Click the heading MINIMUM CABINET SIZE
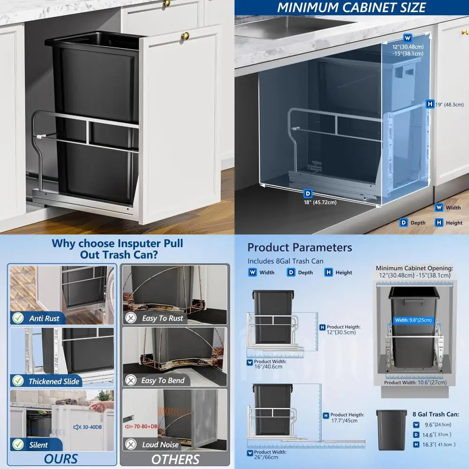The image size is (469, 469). [351, 8]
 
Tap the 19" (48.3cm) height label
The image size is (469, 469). [449, 105]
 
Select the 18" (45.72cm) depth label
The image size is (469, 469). [319, 202]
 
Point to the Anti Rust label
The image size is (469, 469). [44, 318]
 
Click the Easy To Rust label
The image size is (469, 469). [162, 318]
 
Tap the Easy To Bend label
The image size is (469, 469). [163, 380]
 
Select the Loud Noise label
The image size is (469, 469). [160, 445]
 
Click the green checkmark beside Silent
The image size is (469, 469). [18, 445]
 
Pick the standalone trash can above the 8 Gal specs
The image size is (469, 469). [391, 430]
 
